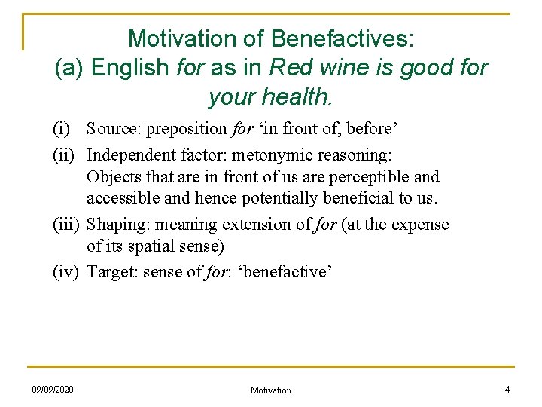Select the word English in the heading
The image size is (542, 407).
(130, 68)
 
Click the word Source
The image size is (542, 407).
(113, 129)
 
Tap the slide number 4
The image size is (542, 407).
(507, 390)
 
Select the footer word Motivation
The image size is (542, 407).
(270, 390)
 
